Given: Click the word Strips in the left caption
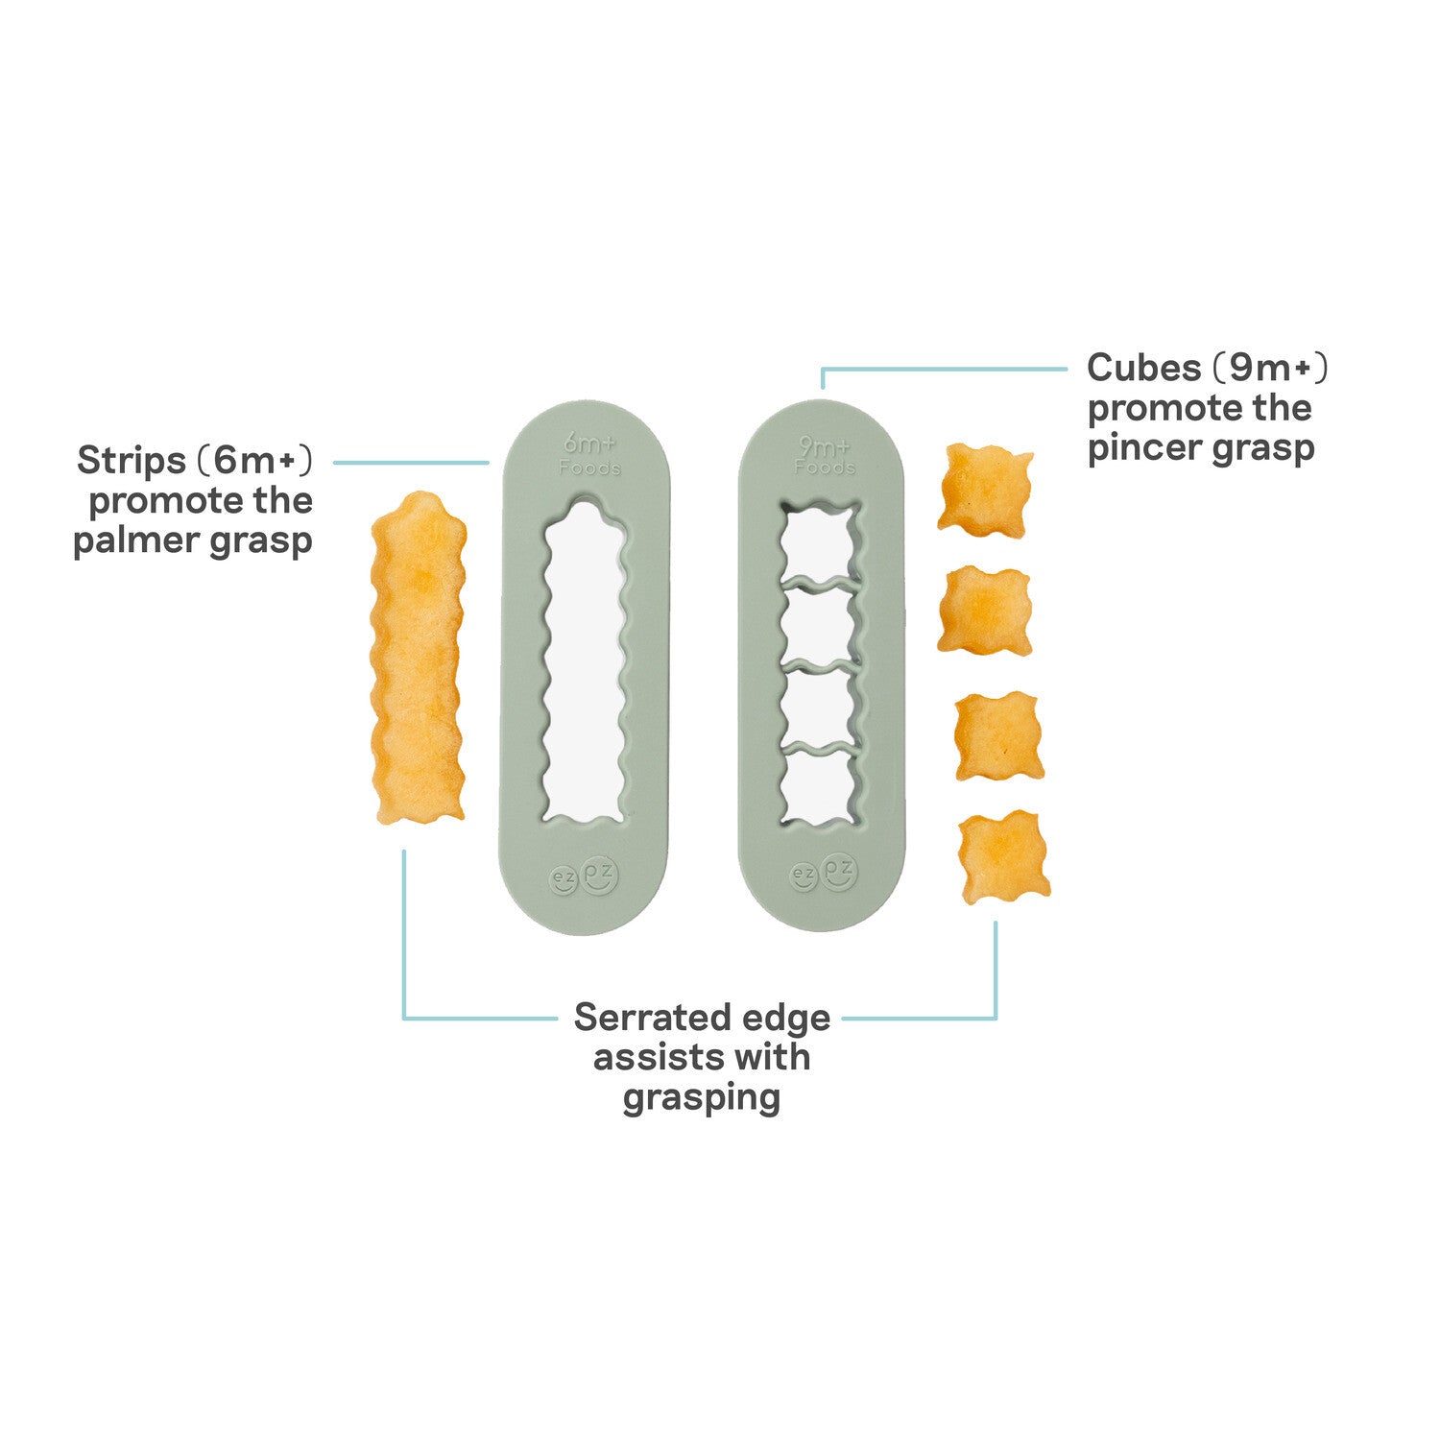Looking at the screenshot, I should coord(132,461).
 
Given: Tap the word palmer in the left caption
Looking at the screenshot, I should coord(131,541).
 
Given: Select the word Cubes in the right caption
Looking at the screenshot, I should coord(1143,368).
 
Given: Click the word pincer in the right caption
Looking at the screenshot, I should coord(1141,449).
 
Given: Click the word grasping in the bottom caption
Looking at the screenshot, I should coord(701,1097).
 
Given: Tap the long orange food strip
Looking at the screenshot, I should coord(419,658).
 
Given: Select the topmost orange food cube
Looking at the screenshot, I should coord(986,489).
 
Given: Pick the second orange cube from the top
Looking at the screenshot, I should coord(984,611).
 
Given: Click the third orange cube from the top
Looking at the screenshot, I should coord(999,735).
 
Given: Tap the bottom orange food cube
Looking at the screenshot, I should coord(1005,857).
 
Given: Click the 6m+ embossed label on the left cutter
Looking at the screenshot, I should coord(588,444).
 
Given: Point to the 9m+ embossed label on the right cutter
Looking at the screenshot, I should coord(825,446).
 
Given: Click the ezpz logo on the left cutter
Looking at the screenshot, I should coord(584,876).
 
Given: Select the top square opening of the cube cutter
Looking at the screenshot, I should coord(818,543).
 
